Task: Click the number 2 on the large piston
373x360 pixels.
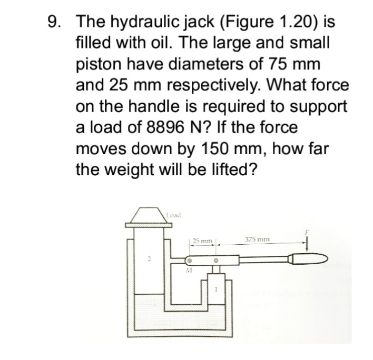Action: pyautogui.click(x=149, y=258)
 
